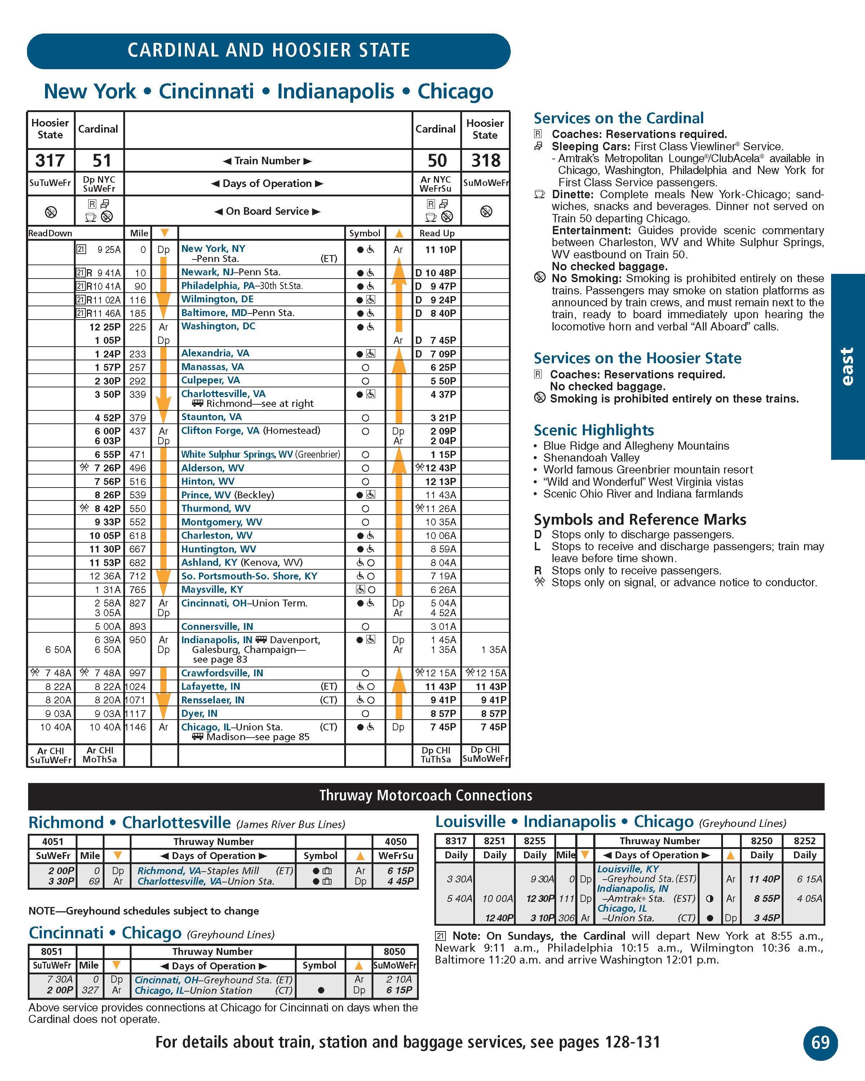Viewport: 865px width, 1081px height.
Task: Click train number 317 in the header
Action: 50,160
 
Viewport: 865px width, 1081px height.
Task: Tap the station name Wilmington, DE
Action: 217,299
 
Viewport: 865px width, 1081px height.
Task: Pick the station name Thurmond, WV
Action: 216,508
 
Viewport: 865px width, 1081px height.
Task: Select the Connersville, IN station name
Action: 217,626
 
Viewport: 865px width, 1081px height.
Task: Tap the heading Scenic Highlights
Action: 593,430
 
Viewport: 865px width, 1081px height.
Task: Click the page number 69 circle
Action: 820,1043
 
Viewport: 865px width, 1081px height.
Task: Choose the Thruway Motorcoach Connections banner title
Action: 426,796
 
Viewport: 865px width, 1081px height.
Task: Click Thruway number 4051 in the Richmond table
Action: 52,841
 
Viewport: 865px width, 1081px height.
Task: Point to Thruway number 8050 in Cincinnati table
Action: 394,952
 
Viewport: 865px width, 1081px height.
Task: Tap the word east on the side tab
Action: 847,366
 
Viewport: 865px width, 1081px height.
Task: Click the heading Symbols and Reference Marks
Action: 639,520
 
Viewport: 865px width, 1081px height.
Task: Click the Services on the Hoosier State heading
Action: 637,358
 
